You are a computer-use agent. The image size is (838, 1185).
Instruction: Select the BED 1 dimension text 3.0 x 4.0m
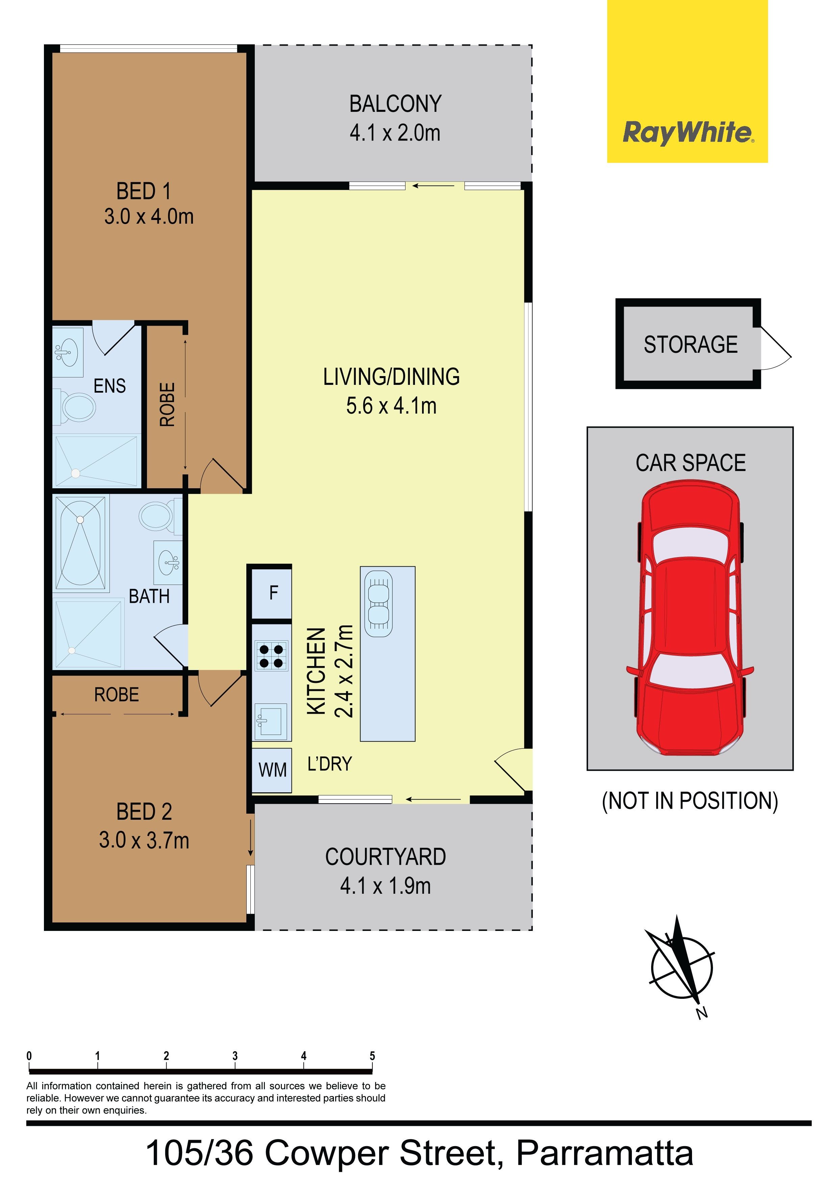pos(149,216)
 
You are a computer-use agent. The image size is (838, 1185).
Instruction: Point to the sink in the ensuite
pos(68,352)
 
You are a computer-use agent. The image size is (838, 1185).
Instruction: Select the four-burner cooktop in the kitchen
pos(271,656)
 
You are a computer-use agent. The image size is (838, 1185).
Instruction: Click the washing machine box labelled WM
pos(272,770)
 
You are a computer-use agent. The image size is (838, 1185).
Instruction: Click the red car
pos(690,618)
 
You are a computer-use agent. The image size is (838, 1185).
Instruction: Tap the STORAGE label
pos(690,344)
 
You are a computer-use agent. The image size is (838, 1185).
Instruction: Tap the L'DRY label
pos(329,764)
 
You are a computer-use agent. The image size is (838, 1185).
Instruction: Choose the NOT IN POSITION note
pos(690,801)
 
